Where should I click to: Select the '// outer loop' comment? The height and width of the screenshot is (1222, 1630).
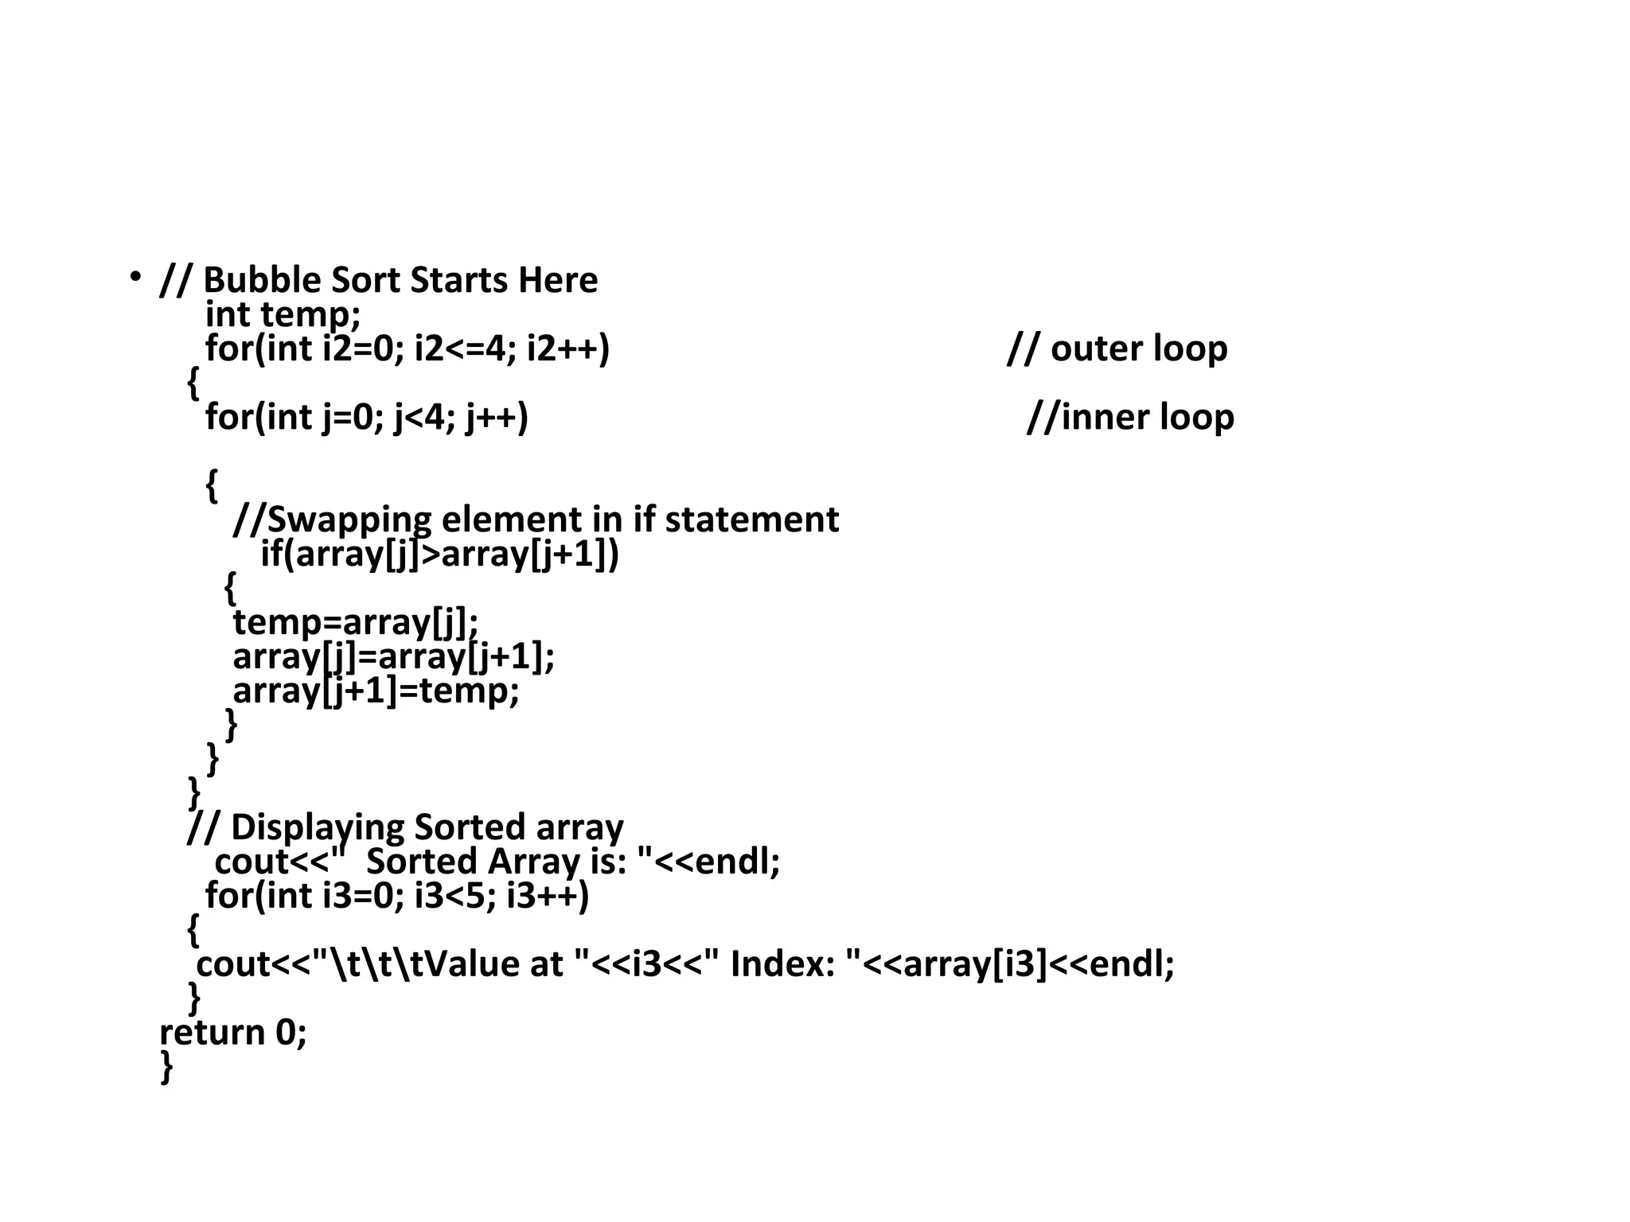click(1117, 349)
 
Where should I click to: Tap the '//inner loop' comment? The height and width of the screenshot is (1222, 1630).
click(1130, 418)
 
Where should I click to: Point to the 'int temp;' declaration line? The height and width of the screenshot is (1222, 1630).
click(283, 315)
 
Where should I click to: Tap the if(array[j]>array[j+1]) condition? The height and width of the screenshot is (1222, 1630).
click(439, 555)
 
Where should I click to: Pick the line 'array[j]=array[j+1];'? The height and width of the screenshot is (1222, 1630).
click(393, 657)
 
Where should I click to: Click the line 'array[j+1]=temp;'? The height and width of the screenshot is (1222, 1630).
click(376, 691)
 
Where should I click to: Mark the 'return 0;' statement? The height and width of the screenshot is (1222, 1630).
click(233, 1033)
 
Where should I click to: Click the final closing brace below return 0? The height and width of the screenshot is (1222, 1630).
click(166, 1067)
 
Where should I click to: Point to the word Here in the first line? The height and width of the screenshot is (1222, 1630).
click(557, 281)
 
